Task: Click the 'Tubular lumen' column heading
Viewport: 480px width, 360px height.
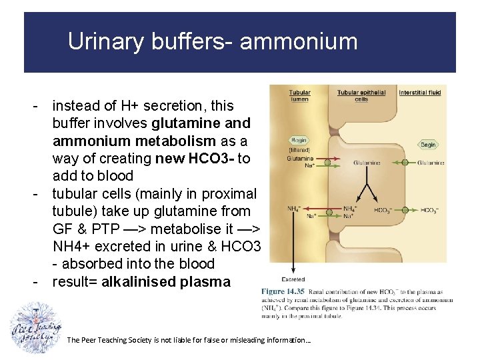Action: [x=299, y=95]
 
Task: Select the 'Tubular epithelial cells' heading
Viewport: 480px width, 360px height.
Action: [x=361, y=95]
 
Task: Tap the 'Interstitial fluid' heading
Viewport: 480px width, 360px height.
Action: [x=420, y=93]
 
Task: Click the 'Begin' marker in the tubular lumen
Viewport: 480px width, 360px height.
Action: [x=299, y=141]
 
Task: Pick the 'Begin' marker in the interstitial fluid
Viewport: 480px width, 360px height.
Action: [x=428, y=145]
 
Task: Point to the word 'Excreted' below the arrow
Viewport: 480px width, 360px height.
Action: [x=293, y=279]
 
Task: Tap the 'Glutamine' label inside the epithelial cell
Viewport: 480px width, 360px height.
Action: [x=367, y=162]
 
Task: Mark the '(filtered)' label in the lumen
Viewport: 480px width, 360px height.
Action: [x=299, y=150]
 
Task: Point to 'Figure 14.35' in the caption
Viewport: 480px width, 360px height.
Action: [x=282, y=291]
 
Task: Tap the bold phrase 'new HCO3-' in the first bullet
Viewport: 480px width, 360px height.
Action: [x=196, y=158]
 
